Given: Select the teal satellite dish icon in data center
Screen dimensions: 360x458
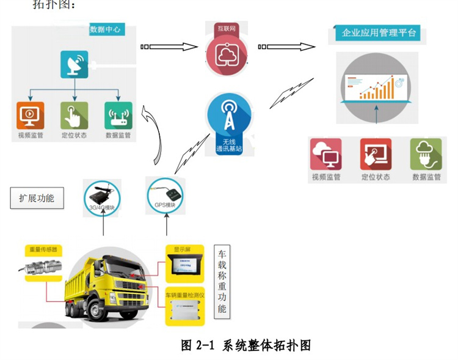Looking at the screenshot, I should [x=75, y=64].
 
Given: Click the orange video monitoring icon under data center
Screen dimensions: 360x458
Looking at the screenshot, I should [x=30, y=115].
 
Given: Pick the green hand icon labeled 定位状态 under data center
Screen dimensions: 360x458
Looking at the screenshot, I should [x=75, y=115].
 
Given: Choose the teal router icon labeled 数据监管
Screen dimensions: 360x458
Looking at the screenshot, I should [x=119, y=115].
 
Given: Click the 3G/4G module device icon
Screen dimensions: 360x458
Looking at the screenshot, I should [x=101, y=196].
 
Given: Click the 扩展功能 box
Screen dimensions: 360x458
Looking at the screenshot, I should [x=37, y=198].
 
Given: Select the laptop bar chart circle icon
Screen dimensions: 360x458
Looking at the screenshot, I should [x=377, y=88].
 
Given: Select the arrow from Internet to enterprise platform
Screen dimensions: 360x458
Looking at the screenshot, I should [x=288, y=46].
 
